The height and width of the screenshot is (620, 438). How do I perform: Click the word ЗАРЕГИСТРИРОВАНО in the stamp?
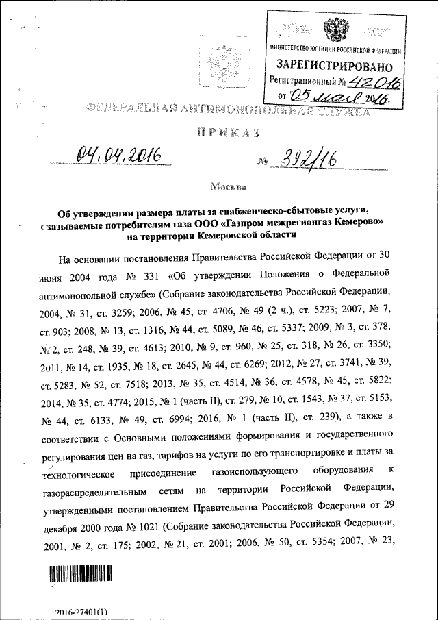click(334, 66)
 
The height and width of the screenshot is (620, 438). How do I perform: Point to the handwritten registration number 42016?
click(374, 82)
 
